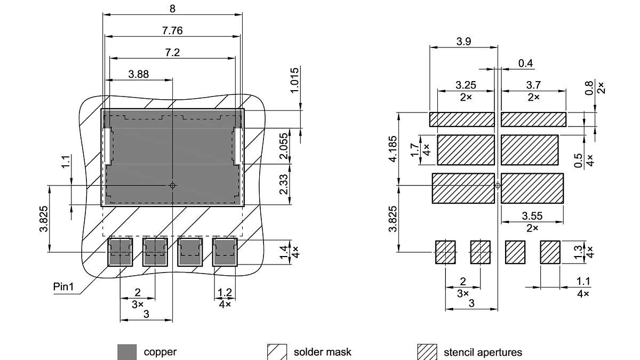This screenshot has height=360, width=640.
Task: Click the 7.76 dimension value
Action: pyautogui.click(x=172, y=31)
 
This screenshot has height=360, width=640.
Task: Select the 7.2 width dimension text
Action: pyautogui.click(x=172, y=52)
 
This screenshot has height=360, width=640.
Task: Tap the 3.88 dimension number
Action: pyautogui.click(x=139, y=74)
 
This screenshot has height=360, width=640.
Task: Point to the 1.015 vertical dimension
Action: pyautogui.click(x=295, y=80)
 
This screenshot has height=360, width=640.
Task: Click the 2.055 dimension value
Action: pyautogui.click(x=284, y=146)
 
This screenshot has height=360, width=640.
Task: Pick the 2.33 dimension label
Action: pyautogui.click(x=284, y=186)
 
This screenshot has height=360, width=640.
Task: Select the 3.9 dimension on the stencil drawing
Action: pyautogui.click(x=463, y=42)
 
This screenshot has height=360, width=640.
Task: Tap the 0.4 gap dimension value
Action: pyautogui.click(x=525, y=63)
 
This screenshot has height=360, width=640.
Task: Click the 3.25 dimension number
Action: pyautogui.click(x=466, y=85)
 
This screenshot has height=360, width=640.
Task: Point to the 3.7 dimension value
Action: pyautogui.click(x=533, y=85)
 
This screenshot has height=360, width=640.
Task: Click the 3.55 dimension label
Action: pyautogui.click(x=532, y=216)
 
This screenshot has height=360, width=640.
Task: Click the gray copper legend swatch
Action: pyautogui.click(x=127, y=352)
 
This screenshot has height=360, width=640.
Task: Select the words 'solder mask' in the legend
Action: pyautogui.click(x=322, y=352)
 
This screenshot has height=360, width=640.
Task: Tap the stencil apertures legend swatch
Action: pyautogui.click(x=427, y=352)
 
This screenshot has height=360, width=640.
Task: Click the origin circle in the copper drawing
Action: pyautogui.click(x=172, y=185)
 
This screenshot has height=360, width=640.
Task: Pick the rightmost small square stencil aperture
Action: pyautogui.click(x=550, y=252)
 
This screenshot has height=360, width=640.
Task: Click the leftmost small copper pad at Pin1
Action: pyautogui.click(x=120, y=252)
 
